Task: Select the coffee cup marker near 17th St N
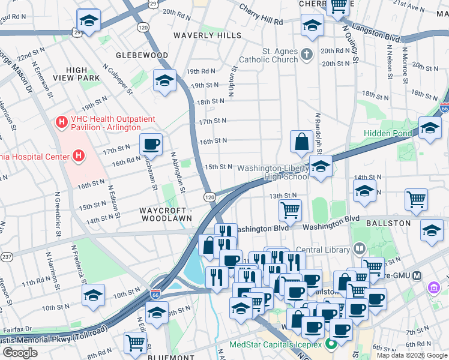[x=151, y=144]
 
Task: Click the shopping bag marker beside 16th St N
[x=301, y=142]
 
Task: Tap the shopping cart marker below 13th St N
[x=290, y=210]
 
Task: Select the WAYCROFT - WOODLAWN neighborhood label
[x=166, y=215]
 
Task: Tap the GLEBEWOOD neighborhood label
[x=143, y=55]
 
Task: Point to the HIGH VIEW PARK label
[x=76, y=74]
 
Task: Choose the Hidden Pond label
[x=388, y=133]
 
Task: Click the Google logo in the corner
[x=20, y=353]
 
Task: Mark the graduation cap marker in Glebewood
[x=163, y=81]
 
